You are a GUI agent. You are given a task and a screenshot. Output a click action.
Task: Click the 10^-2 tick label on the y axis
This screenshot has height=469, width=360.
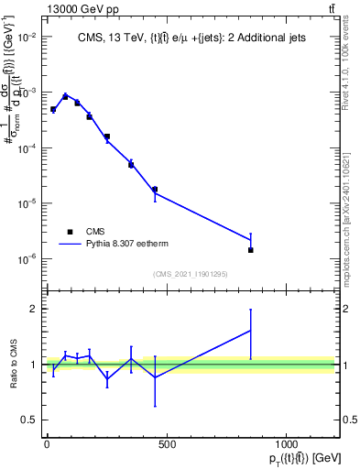coord(27,38)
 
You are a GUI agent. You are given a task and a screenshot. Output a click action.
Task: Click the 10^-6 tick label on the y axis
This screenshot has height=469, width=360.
coord(27,259)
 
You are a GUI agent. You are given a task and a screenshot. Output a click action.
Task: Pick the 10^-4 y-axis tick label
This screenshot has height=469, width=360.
coord(27,148)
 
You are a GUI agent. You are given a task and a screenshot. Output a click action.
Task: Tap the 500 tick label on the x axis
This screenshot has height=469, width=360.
coord(167,444)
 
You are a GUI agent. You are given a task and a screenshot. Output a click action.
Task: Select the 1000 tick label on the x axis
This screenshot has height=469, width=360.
coord(287,444)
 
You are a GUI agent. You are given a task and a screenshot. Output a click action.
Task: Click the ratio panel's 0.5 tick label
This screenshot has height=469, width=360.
coord(30,420)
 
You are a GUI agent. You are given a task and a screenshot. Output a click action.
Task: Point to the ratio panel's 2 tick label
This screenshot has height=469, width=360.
coord(34,309)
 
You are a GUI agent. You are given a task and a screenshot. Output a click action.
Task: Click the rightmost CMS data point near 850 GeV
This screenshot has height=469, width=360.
coord(250,250)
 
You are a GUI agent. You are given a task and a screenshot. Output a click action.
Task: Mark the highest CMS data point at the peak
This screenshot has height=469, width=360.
coord(65,96)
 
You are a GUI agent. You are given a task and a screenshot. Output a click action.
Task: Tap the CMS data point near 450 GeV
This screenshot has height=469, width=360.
coord(155,190)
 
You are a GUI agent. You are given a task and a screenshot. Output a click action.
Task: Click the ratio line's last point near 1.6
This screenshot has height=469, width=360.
coord(250,331)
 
